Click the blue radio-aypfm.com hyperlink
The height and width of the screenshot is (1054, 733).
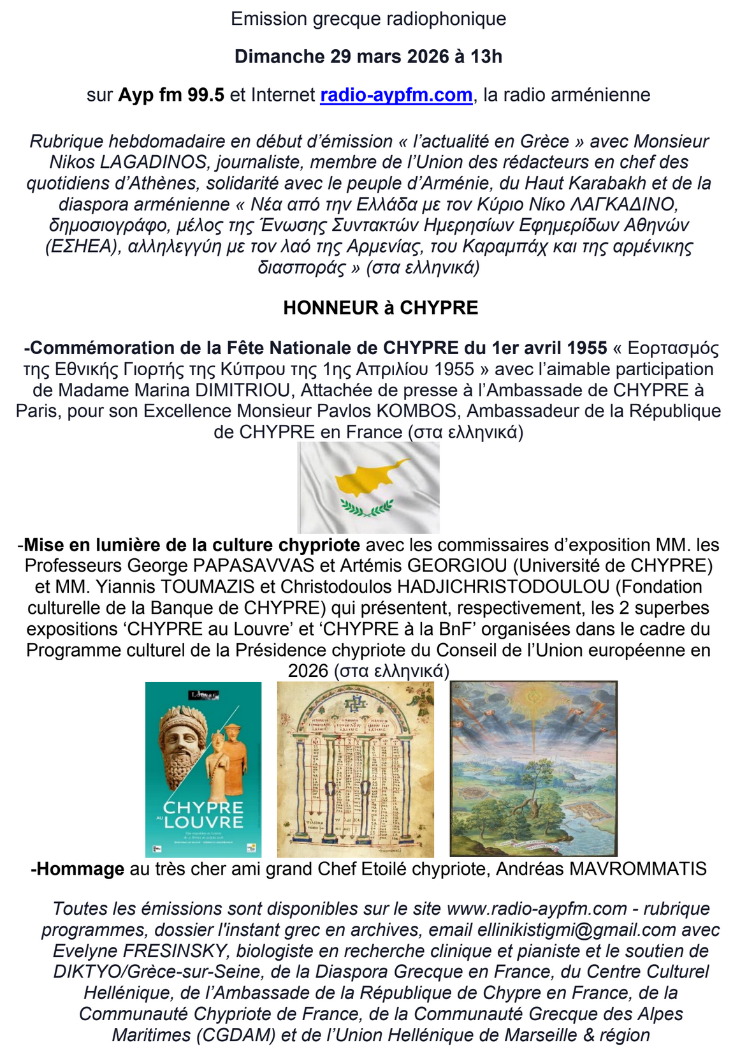point(396,95)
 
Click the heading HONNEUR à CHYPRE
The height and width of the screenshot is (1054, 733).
point(381,308)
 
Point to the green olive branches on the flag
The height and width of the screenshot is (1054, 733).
point(367,508)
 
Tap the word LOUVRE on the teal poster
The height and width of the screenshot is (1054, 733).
point(203,822)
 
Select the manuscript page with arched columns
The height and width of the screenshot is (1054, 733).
point(355,769)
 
